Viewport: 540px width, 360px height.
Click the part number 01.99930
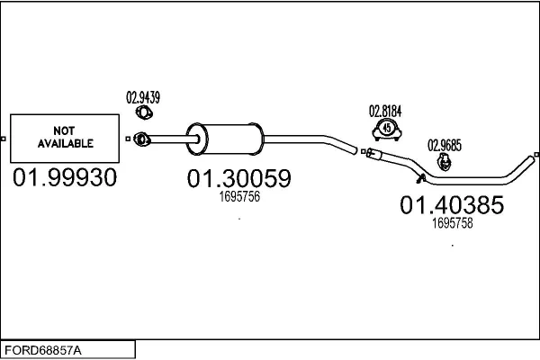[x=65, y=178]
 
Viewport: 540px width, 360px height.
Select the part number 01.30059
[x=239, y=178]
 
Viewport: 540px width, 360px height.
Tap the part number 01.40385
[x=452, y=205]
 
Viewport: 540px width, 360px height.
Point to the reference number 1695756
[x=239, y=197]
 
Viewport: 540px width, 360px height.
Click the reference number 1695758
[x=452, y=223]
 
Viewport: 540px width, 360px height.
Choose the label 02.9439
[x=143, y=97]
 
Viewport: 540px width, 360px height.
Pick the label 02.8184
[x=385, y=112]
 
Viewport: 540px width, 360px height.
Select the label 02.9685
[x=445, y=146]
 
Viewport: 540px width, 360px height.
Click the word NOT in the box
[x=64, y=130]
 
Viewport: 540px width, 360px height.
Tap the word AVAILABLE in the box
[x=66, y=143]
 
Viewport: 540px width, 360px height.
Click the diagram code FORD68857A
[x=43, y=351]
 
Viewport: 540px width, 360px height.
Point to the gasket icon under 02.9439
[x=144, y=112]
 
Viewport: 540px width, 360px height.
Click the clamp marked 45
[x=387, y=130]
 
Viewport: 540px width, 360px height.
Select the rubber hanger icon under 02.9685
[x=445, y=162]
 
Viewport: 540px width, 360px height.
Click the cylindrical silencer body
[x=225, y=139]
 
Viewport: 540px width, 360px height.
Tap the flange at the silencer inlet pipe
[x=142, y=139]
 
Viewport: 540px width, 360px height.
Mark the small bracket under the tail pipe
[x=420, y=178]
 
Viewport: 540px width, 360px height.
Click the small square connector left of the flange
[x=128, y=139]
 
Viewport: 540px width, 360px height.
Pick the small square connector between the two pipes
[x=363, y=151]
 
